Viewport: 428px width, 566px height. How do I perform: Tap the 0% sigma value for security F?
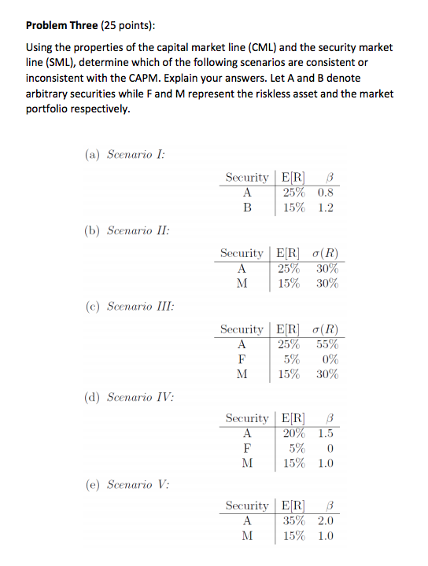tap(328, 359)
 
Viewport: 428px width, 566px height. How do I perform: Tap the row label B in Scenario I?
tap(247, 208)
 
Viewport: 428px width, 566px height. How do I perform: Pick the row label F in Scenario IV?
tap(247, 449)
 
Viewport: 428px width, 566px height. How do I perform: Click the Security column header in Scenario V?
tap(247, 505)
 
